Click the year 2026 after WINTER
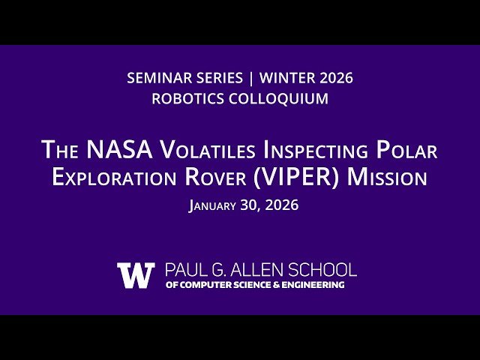pyautogui.click(x=335, y=78)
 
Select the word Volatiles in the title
pyautogui.click(x=207, y=150)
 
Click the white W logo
pyautogui.click(x=136, y=275)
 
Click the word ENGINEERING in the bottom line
pyautogui.click(x=310, y=285)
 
